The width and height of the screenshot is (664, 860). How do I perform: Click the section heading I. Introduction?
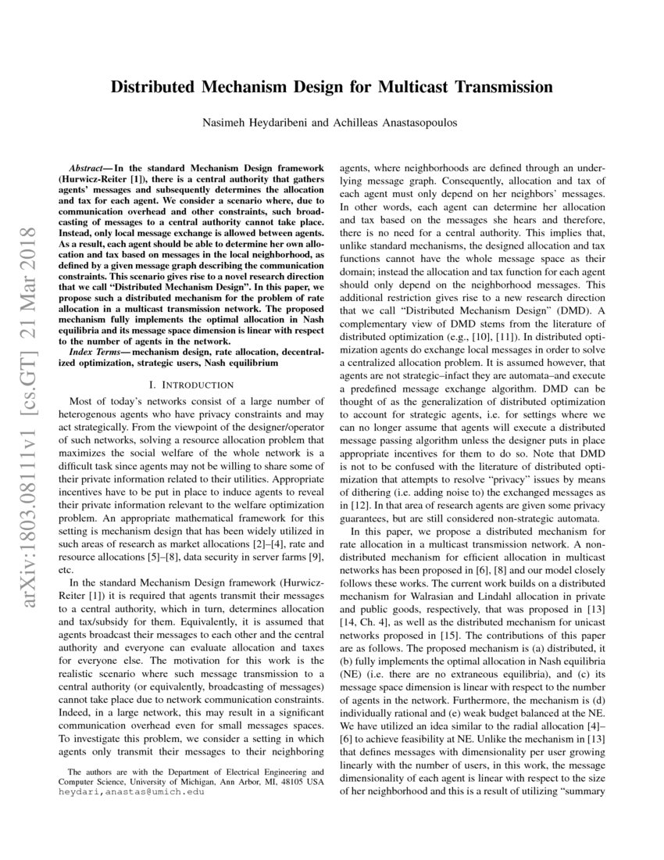190,385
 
